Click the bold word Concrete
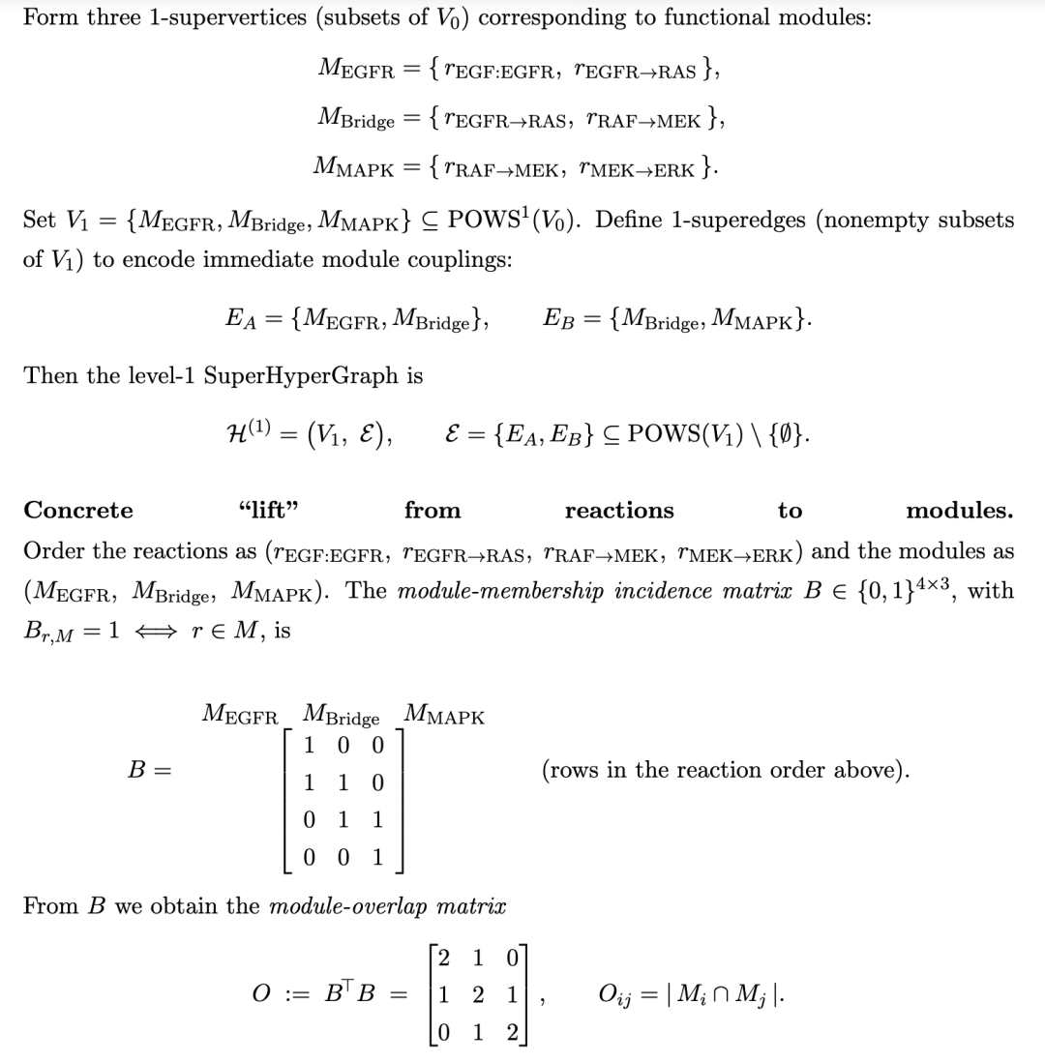point(78,510)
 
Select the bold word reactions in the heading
point(619,510)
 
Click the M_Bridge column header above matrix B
point(341,716)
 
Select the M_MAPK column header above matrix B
point(444,716)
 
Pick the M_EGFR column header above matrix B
point(240,716)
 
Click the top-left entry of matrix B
point(309,745)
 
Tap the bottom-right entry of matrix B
point(377,857)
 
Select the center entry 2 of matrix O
point(476,994)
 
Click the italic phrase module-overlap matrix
point(387,906)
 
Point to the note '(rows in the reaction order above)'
point(726,771)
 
